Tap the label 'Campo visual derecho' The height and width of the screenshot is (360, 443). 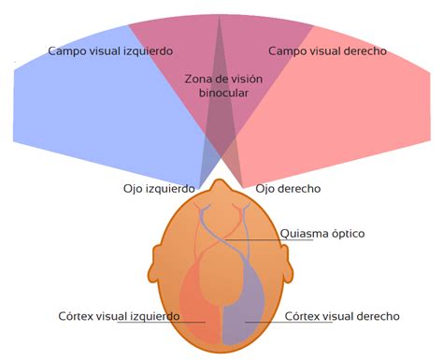[327, 50]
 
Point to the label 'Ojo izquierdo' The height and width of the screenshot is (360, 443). [159, 188]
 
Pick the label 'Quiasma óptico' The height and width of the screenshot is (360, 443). [322, 233]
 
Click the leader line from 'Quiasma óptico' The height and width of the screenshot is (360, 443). [257, 240]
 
